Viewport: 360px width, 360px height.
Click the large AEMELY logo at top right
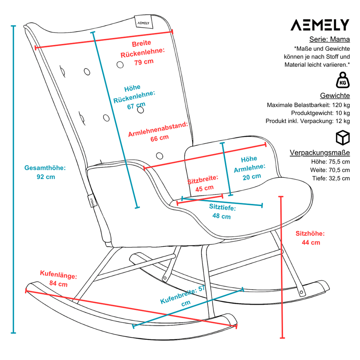tap(320, 25)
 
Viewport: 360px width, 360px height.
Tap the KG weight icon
tap(343, 80)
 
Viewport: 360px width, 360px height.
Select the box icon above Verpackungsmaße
tap(343, 138)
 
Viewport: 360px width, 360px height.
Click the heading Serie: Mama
tap(329, 39)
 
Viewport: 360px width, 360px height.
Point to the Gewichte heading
tap(335, 96)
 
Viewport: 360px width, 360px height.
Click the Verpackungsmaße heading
tap(320, 153)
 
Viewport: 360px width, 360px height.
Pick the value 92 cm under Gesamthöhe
tap(46, 177)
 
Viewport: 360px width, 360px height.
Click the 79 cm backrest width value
tap(144, 62)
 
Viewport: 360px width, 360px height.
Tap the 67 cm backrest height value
tap(136, 105)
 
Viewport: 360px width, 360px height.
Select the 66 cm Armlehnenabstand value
tap(160, 138)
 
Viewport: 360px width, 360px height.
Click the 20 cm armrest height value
tap(252, 177)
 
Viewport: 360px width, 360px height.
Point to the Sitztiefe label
tap(223, 207)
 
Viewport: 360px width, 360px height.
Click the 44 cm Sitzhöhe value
tap(311, 243)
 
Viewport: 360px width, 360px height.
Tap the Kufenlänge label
tap(59, 275)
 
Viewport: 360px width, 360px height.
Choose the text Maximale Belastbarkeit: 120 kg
tap(308, 105)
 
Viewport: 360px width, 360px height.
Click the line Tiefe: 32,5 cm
tap(331, 178)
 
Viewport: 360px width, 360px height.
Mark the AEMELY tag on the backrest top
tap(143, 22)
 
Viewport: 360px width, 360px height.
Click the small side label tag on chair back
tap(92, 201)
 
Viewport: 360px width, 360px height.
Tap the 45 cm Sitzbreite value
tap(204, 188)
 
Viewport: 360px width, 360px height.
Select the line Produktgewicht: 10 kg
tap(321, 113)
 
